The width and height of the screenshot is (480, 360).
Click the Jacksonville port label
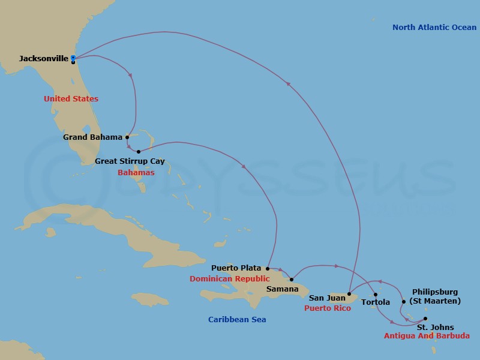click(x=43, y=59)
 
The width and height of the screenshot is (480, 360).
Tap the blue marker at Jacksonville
click(x=73, y=58)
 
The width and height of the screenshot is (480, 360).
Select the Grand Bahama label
click(x=92, y=137)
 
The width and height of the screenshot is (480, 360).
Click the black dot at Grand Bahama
click(x=127, y=137)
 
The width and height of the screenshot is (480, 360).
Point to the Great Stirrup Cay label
click(x=130, y=161)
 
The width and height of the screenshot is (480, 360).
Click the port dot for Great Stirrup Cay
click(x=139, y=152)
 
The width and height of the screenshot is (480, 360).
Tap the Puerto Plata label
click(x=236, y=268)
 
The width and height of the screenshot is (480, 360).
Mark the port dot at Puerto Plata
click(x=268, y=268)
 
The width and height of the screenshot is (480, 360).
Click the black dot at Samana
click(x=292, y=279)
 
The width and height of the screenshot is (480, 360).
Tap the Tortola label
click(x=376, y=302)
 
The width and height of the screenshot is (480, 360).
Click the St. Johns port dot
click(x=425, y=319)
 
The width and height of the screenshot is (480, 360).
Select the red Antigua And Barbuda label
click(x=427, y=336)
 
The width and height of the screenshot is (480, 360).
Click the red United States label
click(x=71, y=99)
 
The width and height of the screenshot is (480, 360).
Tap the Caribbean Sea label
click(x=237, y=320)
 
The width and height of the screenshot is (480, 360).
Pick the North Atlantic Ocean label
click(x=434, y=28)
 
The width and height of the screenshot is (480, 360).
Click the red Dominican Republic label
click(x=227, y=279)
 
